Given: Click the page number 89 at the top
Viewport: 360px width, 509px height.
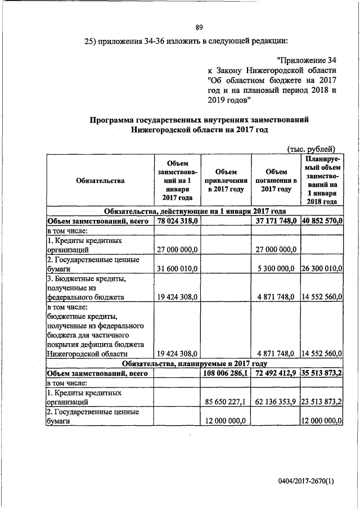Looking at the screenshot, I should [x=199, y=27].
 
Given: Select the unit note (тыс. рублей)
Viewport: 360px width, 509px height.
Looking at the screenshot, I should [x=311, y=148].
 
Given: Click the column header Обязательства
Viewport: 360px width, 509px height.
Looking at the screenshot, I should [x=99, y=181].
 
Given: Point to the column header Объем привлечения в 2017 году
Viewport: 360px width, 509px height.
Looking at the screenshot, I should [x=225, y=181].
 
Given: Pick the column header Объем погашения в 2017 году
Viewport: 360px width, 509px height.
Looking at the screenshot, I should [x=276, y=181].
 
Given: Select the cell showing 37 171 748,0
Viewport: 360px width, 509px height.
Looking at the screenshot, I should [x=276, y=222].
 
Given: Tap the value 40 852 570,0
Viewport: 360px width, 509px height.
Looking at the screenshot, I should [x=321, y=222].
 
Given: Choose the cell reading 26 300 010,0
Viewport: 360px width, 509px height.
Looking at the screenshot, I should [x=321, y=268].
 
